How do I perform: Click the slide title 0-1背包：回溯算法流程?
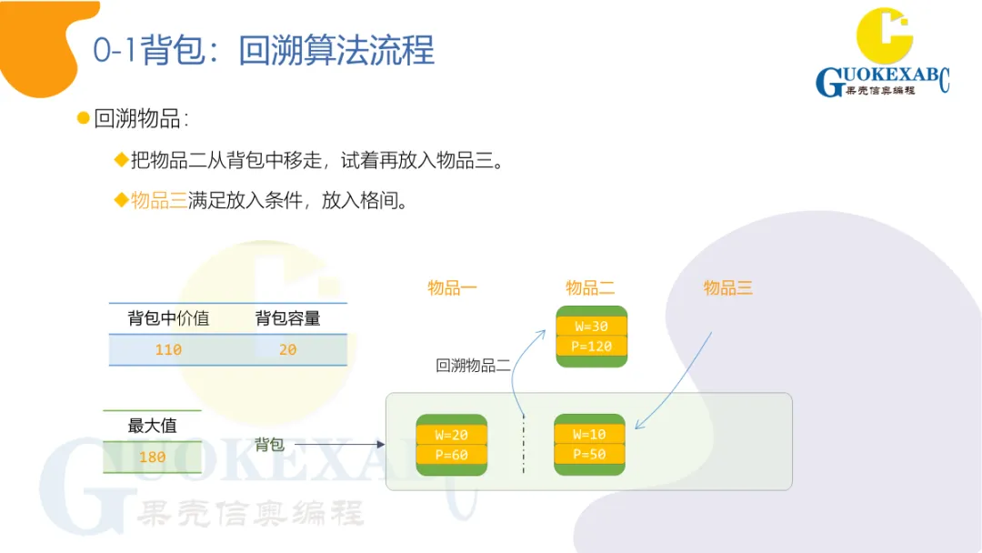[x=264, y=50]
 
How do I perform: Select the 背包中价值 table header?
[x=168, y=318]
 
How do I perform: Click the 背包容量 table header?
[x=287, y=318]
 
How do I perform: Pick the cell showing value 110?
[x=168, y=349]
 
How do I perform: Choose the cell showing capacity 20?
[x=287, y=349]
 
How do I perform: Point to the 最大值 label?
[x=152, y=426]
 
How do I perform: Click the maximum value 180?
[x=152, y=457]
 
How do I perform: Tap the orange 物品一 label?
[x=452, y=287]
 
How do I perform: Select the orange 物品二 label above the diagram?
[x=590, y=287]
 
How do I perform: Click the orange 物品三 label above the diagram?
[x=728, y=287]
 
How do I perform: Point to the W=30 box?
[x=591, y=327]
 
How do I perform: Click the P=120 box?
[x=591, y=347]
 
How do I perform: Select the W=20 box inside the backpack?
[x=452, y=435]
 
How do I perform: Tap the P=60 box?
[x=452, y=455]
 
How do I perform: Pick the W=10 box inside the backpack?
[x=590, y=435]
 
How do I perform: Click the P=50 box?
[x=590, y=455]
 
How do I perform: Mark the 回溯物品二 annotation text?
[x=473, y=366]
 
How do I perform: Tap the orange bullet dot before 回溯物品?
[x=84, y=118]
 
